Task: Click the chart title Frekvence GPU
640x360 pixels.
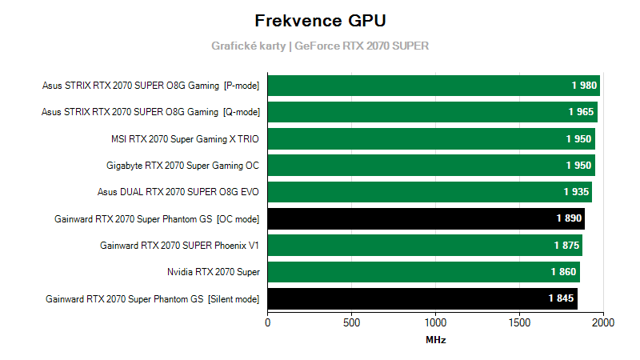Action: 320,20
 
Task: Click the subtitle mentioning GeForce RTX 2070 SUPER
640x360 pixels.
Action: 320,46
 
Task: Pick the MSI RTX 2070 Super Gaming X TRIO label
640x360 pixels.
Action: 186,138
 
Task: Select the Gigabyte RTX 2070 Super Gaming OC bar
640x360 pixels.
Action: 431,166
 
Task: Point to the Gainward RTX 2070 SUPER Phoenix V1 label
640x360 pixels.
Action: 180,246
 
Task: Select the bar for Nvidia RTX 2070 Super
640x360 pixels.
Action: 423,272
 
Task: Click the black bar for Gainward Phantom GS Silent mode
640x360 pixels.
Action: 422,299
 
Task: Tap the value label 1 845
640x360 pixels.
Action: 561,299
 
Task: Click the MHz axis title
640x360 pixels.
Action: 436,340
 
